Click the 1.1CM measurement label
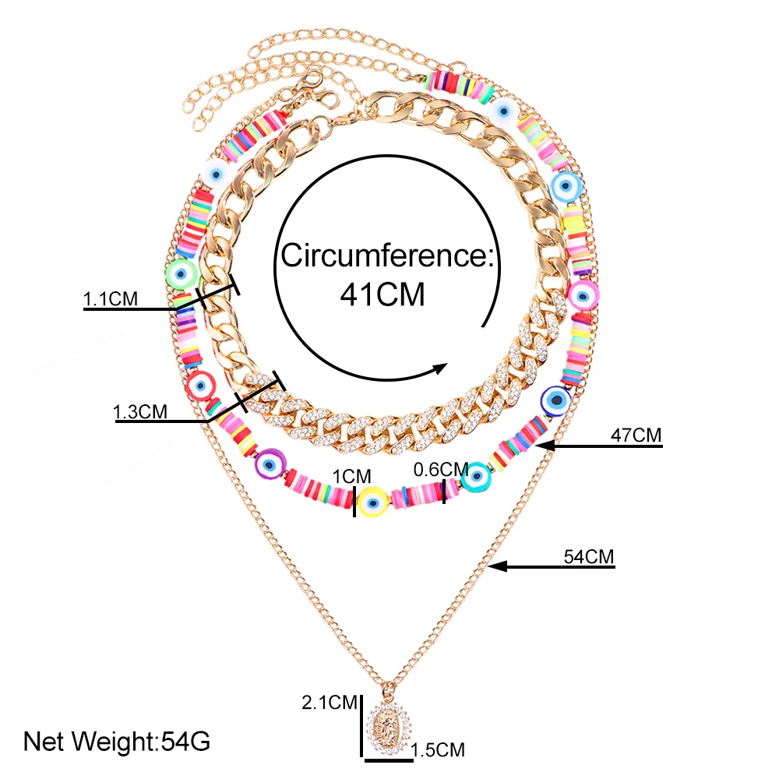tap(111, 298)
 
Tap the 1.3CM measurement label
tap(141, 411)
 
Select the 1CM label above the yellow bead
tap(353, 475)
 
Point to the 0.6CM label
tap(440, 469)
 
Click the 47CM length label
tap(636, 435)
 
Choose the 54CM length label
tap(589, 557)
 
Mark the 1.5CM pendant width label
tap(438, 749)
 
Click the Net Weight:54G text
tap(117, 740)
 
